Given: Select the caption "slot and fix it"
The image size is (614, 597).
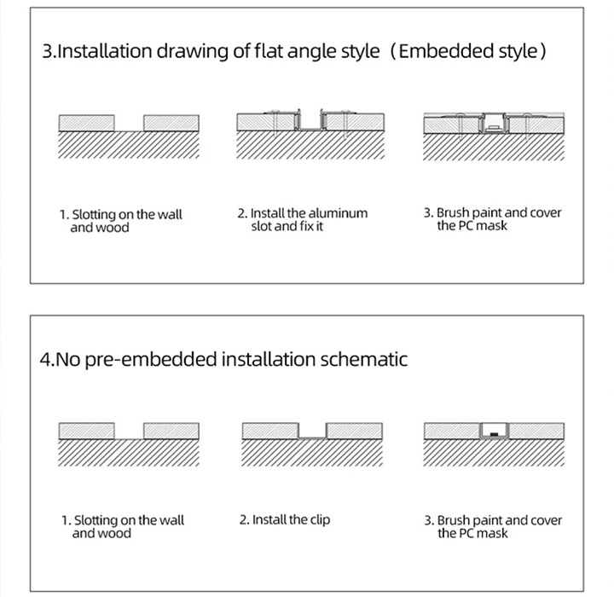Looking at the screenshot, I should click(287, 227).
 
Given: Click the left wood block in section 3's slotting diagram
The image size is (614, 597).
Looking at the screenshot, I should click(85, 123).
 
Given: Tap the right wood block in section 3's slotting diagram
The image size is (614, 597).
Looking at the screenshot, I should click(171, 123).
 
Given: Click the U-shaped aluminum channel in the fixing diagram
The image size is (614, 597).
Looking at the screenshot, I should click(308, 121).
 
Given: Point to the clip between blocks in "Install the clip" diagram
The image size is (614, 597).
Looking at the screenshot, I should click(313, 435).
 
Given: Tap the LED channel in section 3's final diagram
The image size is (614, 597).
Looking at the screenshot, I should click(492, 125).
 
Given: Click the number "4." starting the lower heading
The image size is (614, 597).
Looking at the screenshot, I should click(49, 358).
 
